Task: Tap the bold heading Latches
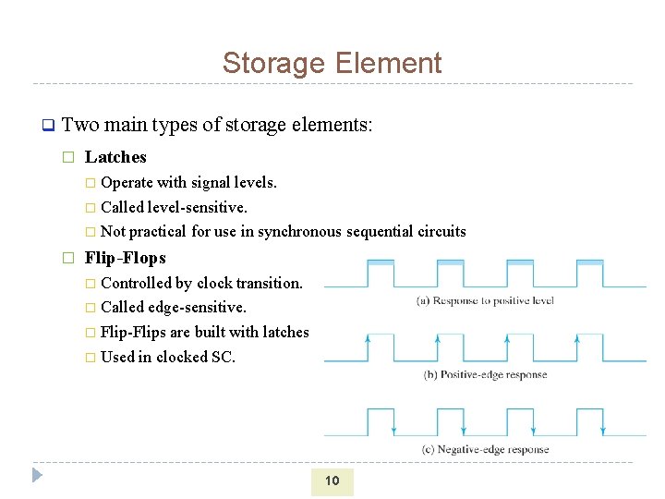coord(115,157)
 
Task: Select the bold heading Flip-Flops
coord(125,258)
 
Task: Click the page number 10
coord(332,481)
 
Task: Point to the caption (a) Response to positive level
coord(485,301)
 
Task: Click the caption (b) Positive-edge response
coord(485,375)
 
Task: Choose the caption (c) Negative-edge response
coord(485,450)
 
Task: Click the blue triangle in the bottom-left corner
coord(37,476)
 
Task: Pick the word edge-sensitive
coord(201,307)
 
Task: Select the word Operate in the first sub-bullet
coord(127,182)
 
